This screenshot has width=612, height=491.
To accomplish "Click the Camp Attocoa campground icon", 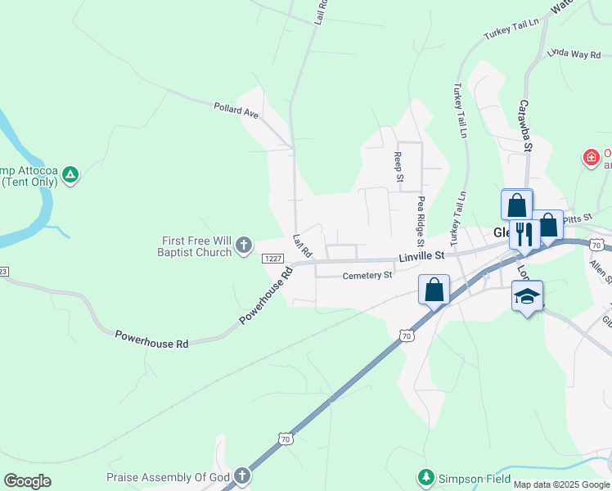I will pyautogui.click(x=71, y=173).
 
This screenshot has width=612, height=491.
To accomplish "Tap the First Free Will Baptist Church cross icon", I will pyautogui.click(x=243, y=245).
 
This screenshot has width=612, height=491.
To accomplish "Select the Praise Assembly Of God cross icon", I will pyautogui.click(x=241, y=475).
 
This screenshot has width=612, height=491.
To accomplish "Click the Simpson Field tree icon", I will pyautogui.click(x=425, y=476).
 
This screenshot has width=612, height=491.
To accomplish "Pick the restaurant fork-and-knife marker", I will pyautogui.click(x=524, y=234).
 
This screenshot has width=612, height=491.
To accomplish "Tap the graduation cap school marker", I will pyautogui.click(x=527, y=296).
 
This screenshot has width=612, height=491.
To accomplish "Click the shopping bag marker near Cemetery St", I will pyautogui.click(x=434, y=290).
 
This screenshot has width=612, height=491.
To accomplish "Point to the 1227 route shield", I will pyautogui.click(x=273, y=259).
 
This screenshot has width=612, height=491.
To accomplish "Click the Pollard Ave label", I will pyautogui.click(x=236, y=110).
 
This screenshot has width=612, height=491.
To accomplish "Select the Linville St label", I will pyautogui.click(x=421, y=256).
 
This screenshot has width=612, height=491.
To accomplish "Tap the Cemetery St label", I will pyautogui.click(x=367, y=276).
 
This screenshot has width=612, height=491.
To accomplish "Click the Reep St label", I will pyautogui.click(x=399, y=166).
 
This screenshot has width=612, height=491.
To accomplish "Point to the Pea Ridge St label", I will pyautogui.click(x=421, y=221).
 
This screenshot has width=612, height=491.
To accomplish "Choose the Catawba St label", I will pyautogui.click(x=524, y=126).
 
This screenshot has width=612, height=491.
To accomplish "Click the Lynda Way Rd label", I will pyautogui.click(x=574, y=54).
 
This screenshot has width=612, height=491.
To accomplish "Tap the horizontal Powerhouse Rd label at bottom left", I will pyautogui.click(x=151, y=340).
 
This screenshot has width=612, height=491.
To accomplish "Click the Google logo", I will pyautogui.click(x=27, y=481).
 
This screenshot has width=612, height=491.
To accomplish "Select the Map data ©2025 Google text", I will pyautogui.click(x=561, y=484).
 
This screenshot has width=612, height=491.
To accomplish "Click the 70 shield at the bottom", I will pyautogui.click(x=285, y=439).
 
